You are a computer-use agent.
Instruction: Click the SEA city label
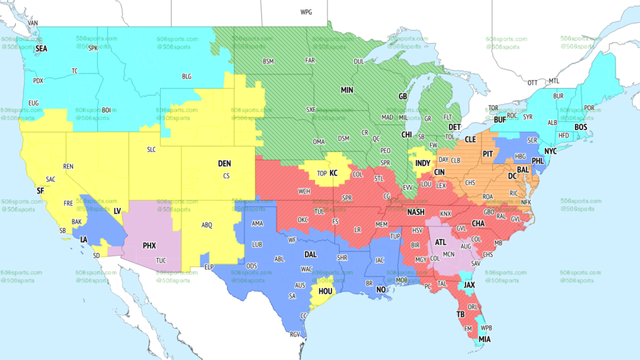coord(41,48)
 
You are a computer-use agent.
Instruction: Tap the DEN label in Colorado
coord(224,163)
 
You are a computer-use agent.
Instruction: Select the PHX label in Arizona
coord(149,246)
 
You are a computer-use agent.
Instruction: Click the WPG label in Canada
coord(306,12)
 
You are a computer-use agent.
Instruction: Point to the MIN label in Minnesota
coord(347,90)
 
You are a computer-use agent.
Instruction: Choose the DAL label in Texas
coord(311,254)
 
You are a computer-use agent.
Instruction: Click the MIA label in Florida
coord(484,339)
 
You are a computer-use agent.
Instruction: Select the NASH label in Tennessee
coord(416,212)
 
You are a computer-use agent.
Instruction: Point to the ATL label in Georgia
coord(440,242)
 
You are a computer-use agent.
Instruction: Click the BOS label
coord(581,127)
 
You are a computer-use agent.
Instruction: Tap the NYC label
coord(551,152)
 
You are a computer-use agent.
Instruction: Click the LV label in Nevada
coord(117,211)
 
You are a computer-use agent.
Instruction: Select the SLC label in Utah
coord(151,149)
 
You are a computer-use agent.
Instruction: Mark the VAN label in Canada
coord(34,23)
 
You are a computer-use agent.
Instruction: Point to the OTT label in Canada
coord(532,82)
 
